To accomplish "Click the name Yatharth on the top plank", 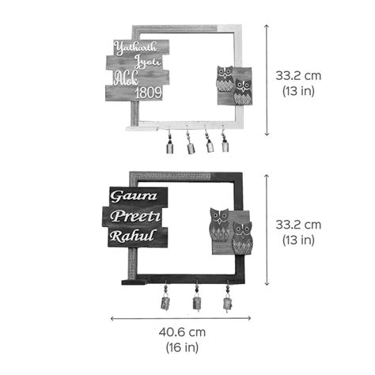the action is (135, 48).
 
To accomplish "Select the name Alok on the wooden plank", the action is (127, 78).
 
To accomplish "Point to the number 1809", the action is (149, 93).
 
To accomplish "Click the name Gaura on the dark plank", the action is (134, 196).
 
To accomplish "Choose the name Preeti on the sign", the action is (135, 217).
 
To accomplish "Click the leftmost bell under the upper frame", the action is (170, 145).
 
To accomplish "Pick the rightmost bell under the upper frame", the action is (225, 143).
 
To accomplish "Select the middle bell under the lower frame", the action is (197, 300).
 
